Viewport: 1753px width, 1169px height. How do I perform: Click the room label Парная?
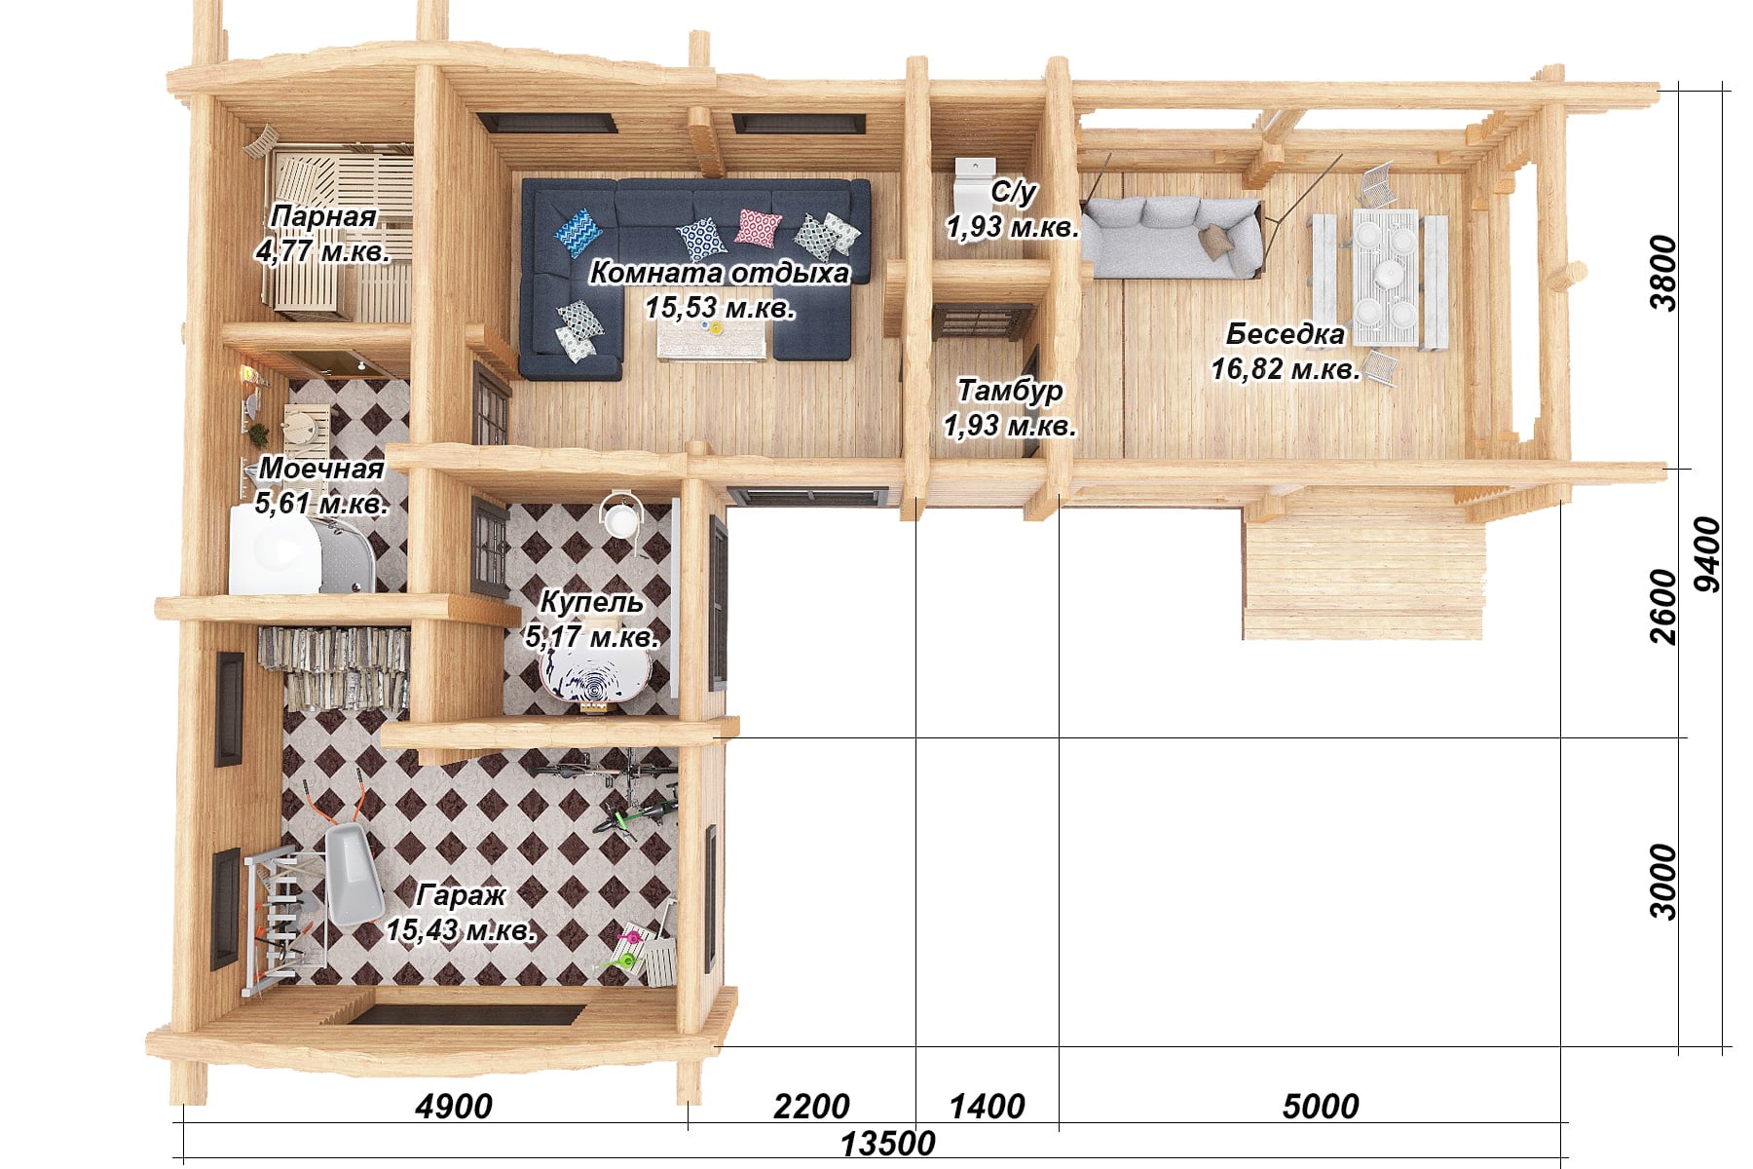click(x=323, y=216)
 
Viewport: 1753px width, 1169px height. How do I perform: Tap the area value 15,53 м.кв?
click(x=720, y=308)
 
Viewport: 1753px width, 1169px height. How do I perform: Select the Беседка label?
click(x=1285, y=334)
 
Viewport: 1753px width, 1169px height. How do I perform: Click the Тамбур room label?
click(x=1010, y=391)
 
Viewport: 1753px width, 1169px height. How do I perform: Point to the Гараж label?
click(x=461, y=895)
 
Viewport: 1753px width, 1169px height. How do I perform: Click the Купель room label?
click(x=591, y=602)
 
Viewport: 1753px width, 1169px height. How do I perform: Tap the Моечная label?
click(x=321, y=469)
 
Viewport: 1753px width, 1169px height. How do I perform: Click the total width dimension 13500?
click(x=887, y=1144)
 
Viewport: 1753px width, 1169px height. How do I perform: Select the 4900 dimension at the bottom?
click(x=454, y=1107)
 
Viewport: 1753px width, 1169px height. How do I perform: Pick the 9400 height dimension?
click(x=1707, y=554)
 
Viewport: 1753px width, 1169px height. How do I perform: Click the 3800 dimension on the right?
click(x=1664, y=274)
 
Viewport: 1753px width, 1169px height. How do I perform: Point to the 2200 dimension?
click(x=811, y=1107)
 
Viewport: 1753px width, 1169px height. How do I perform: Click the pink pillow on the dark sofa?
click(x=758, y=228)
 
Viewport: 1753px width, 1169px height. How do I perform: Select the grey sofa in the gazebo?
click(x=1174, y=238)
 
